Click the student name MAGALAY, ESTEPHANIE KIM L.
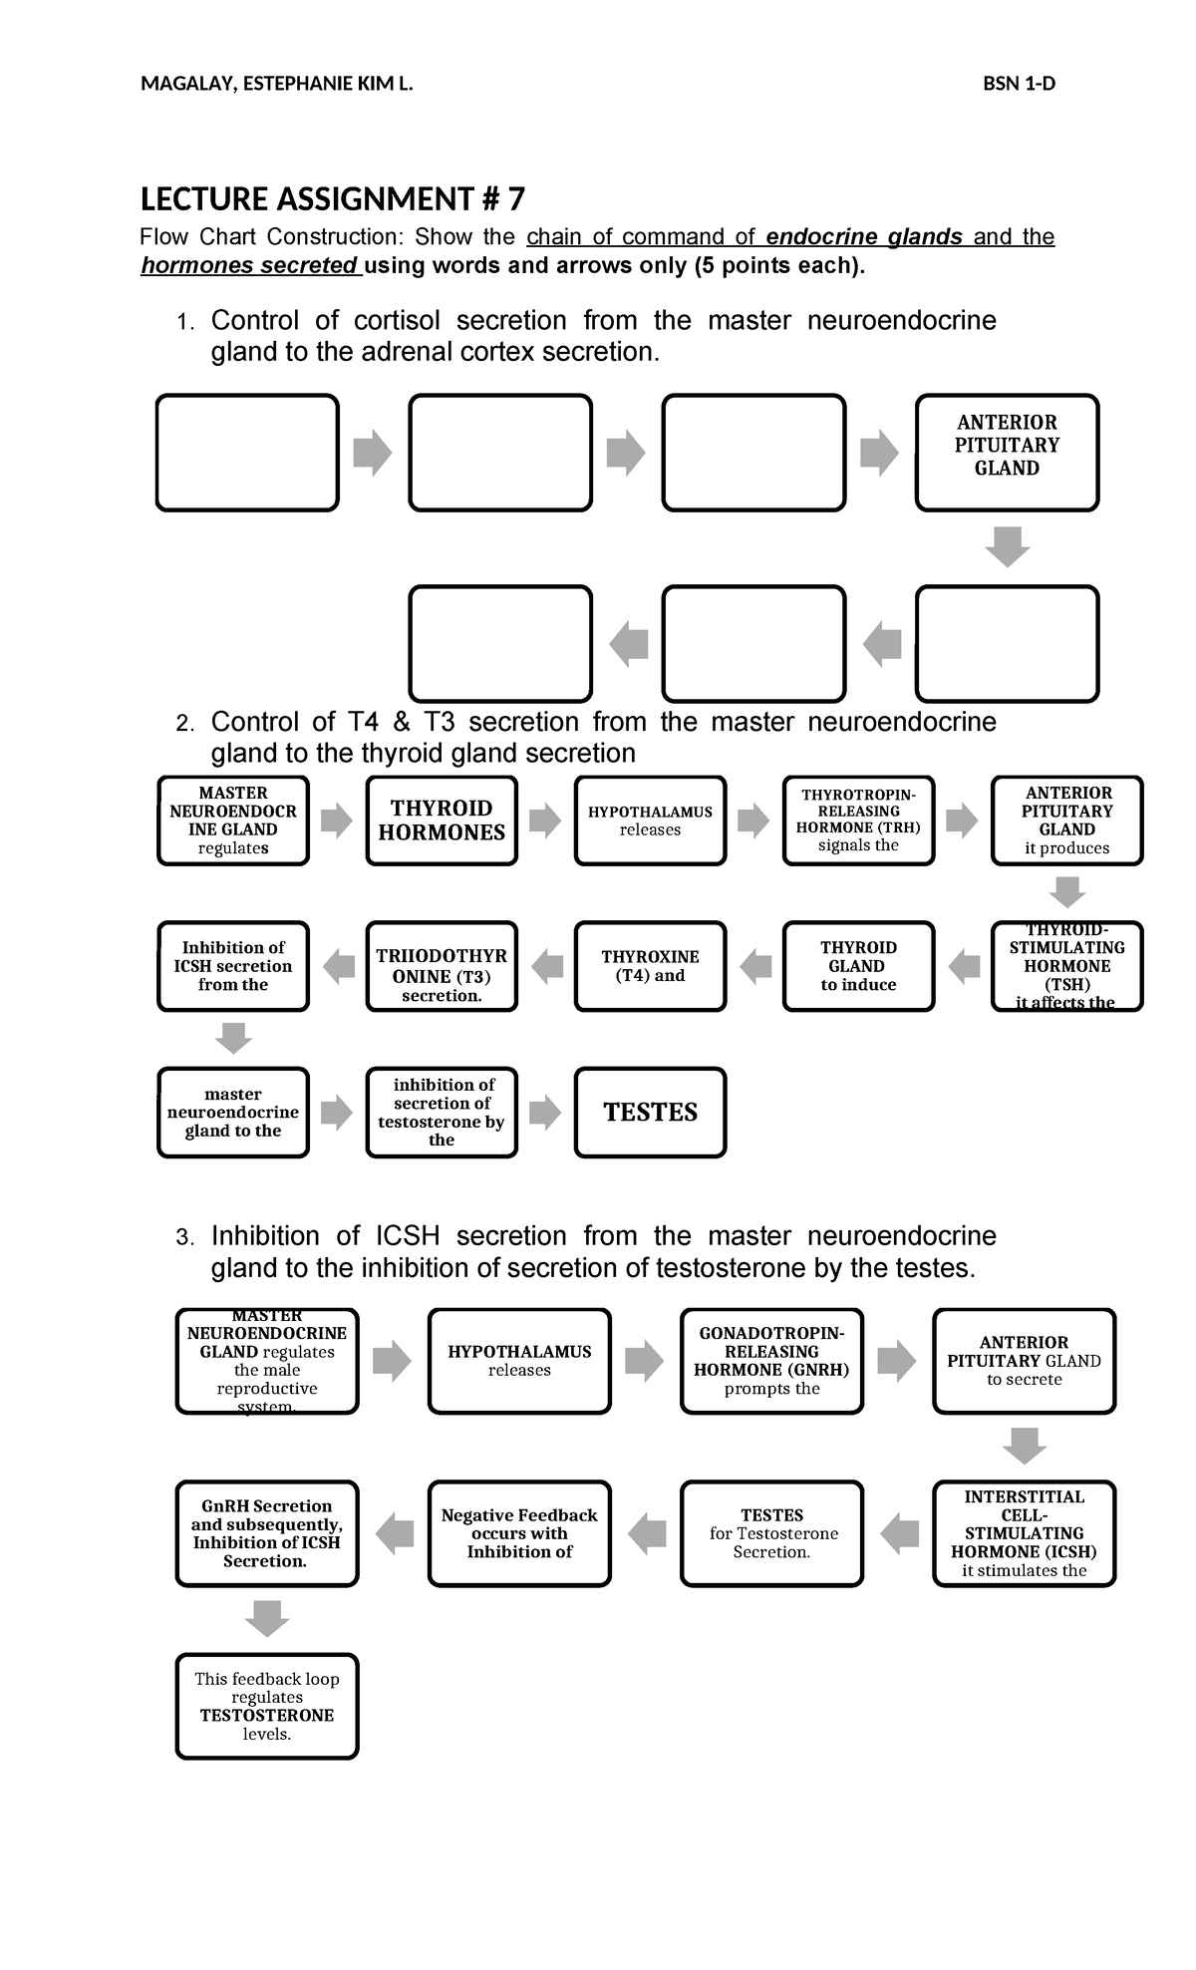point(276,84)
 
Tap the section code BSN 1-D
point(1019,84)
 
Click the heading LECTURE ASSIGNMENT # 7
point(332,200)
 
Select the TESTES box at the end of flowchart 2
point(650,1113)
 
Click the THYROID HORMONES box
point(442,821)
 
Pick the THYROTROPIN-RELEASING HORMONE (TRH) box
point(858,821)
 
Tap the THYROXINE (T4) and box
point(650,966)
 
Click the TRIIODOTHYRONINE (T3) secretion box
point(442,966)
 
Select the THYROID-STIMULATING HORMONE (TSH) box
point(1066,966)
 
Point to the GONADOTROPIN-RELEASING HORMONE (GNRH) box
point(771,1361)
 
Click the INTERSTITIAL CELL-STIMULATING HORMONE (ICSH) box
point(1024,1533)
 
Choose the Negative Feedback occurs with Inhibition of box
point(519,1533)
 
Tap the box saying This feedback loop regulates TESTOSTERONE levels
point(267,1707)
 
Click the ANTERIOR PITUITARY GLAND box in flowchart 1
point(1007,453)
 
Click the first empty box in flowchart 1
point(247,453)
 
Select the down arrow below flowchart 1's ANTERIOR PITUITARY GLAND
point(1007,547)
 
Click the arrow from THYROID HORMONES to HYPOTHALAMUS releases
point(545,821)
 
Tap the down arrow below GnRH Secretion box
point(267,1619)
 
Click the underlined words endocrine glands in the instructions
point(864,237)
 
